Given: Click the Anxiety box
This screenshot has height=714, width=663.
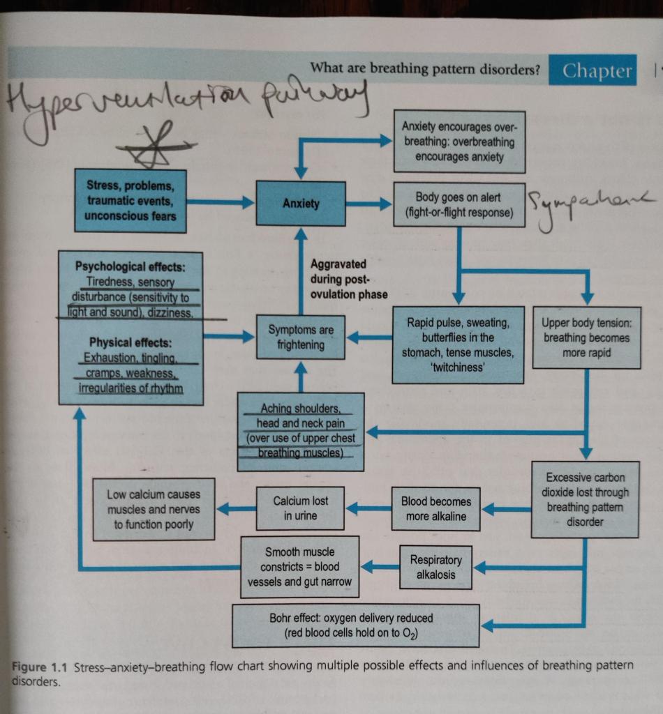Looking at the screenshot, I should (x=301, y=204).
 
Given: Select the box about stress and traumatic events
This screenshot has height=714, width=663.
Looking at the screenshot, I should (x=131, y=201).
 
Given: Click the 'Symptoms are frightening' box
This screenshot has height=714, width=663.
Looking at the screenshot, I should (x=301, y=337).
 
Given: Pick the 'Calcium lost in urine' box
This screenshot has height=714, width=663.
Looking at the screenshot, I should (x=301, y=508).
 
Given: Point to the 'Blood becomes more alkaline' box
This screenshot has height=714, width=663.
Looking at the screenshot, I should (x=436, y=509).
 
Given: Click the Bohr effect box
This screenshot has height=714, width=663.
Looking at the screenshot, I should (x=355, y=625).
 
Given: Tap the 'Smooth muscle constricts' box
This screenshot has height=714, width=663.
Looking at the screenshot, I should (x=299, y=566).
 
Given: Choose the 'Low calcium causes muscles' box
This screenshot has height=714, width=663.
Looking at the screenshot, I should (x=154, y=509).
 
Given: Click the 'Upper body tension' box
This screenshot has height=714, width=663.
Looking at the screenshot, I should (x=586, y=337).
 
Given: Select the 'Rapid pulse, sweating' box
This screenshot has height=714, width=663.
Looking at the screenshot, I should (x=458, y=344).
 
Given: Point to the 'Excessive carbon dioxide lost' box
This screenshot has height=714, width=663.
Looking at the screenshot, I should (x=585, y=499).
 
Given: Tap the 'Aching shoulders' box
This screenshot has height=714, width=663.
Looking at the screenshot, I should (x=301, y=431).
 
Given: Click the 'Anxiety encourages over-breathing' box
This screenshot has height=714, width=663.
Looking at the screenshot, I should (x=459, y=142).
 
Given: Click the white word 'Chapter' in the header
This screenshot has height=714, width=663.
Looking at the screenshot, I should (x=597, y=71).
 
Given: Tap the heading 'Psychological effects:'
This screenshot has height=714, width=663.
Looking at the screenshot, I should (x=131, y=266).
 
